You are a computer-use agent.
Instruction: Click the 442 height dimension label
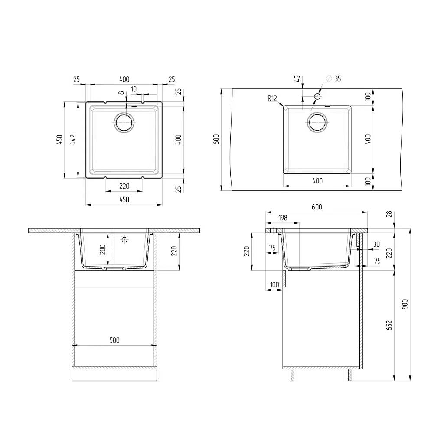coord(73,140)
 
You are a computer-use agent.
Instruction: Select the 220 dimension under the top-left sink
coord(124,186)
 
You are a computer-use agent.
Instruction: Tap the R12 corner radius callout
coord(272,98)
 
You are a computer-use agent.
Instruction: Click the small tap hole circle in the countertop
coord(317,97)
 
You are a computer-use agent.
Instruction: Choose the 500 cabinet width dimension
coord(114,340)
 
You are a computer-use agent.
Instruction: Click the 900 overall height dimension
coord(405,304)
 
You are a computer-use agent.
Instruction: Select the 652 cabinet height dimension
coord(389,325)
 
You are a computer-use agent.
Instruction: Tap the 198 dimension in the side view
coord(283,218)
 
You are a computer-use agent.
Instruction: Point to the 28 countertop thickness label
coord(389,214)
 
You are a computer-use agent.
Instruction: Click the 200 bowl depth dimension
coord(102,249)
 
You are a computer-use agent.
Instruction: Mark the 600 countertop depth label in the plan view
coord(216,139)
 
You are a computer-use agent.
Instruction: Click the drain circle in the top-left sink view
coord(124,123)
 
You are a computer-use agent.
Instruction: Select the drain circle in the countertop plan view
coord(317,122)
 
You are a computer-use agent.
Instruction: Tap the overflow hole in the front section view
coord(124,240)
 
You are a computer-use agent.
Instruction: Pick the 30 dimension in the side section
coord(376,244)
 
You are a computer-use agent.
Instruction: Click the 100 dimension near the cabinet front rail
coord(274,284)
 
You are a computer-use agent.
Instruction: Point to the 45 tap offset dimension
coord(297,78)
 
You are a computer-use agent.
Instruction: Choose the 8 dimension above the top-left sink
coord(121,93)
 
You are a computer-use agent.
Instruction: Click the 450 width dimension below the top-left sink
coord(124,199)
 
